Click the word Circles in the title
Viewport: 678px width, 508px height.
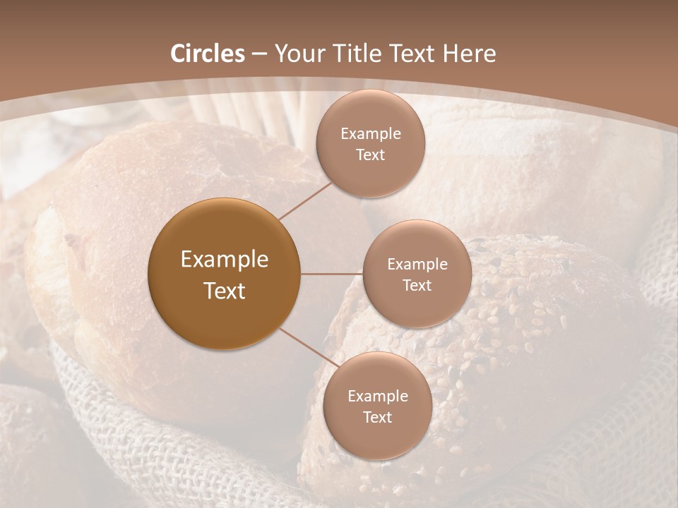point(207,54)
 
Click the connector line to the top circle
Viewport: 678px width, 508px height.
point(305,200)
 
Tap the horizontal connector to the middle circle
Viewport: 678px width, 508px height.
point(331,273)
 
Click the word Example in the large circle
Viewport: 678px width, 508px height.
point(224,260)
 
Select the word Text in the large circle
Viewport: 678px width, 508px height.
point(224,291)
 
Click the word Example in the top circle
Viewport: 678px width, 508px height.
point(371,134)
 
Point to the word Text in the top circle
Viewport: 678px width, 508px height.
point(371,155)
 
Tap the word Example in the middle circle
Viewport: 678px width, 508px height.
point(417,265)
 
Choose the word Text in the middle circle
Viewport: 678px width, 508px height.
point(417,286)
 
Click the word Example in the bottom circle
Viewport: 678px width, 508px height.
point(378,397)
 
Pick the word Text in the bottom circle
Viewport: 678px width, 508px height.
point(378,418)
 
